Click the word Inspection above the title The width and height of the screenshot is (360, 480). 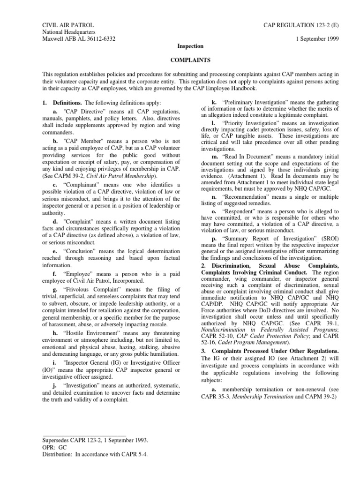(190, 46)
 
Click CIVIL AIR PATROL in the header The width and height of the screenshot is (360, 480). (68, 24)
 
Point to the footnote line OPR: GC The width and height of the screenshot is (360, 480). (54, 448)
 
